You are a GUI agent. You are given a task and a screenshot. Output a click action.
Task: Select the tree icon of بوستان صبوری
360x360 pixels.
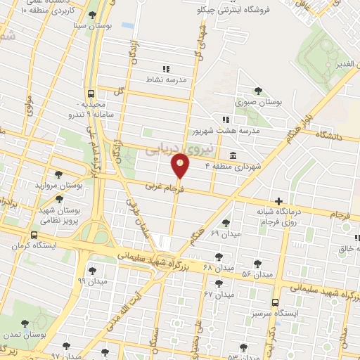click(x=259, y=91)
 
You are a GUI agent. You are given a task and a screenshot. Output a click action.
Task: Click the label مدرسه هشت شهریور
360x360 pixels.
click(x=226, y=131)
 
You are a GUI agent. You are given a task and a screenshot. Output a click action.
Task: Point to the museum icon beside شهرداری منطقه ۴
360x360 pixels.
click(x=232, y=155)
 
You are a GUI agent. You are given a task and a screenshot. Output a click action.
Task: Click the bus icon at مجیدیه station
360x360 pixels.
click(x=91, y=94)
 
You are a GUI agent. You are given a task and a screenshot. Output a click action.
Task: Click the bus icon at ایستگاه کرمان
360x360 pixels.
click(x=34, y=236)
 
